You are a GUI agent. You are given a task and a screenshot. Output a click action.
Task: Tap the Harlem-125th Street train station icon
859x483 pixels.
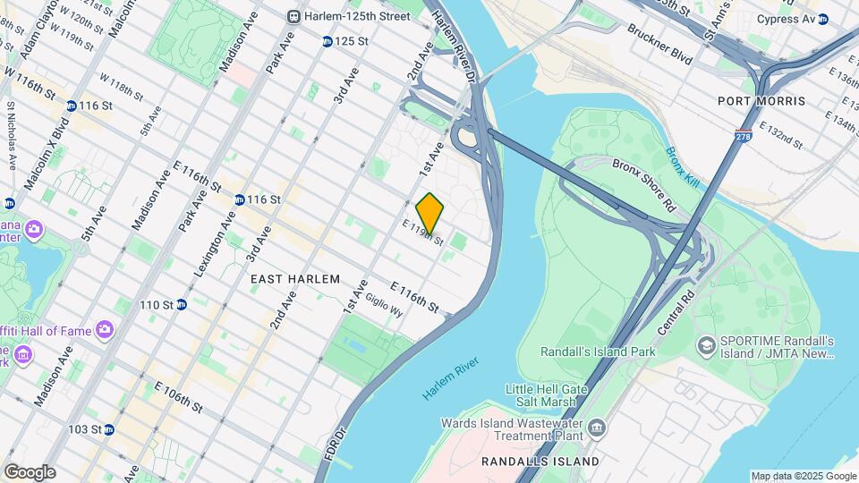pyautogui.click(x=293, y=16)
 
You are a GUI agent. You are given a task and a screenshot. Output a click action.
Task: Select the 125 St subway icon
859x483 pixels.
pyautogui.click(x=327, y=41)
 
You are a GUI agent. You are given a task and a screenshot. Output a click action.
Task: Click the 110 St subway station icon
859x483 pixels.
pyautogui.click(x=182, y=305)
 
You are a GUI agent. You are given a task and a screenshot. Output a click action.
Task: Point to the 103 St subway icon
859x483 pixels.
pyautogui.click(x=108, y=429)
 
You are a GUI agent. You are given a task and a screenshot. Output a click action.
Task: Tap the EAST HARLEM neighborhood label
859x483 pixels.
pyautogui.click(x=295, y=279)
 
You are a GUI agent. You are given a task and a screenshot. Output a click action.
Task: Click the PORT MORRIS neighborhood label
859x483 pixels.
pyautogui.click(x=761, y=101)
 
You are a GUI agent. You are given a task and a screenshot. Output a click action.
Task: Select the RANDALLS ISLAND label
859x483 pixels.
pyautogui.click(x=540, y=462)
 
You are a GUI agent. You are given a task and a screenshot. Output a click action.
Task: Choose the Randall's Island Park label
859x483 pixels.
pyautogui.click(x=598, y=352)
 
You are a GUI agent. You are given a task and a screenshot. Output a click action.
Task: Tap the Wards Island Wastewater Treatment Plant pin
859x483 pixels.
pyautogui.click(x=597, y=430)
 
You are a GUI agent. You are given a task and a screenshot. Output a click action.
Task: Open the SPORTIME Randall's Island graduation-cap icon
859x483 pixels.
pyautogui.click(x=706, y=344)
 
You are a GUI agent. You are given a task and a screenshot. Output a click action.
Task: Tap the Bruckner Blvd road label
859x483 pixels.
pyautogui.click(x=660, y=44)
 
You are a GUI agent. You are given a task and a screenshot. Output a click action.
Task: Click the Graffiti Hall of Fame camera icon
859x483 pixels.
pyautogui.click(x=106, y=331)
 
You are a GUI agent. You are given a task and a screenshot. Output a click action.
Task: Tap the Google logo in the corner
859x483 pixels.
pyautogui.click(x=30, y=472)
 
